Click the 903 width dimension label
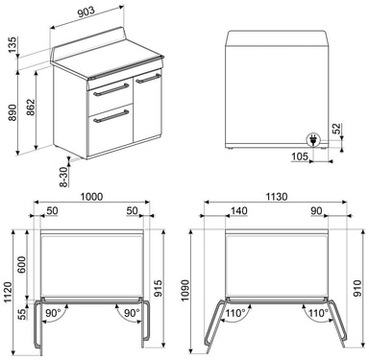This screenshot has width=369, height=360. pos(86,12)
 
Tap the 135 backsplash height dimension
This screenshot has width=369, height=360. pos(12,45)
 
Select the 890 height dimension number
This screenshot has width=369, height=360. pos(12,112)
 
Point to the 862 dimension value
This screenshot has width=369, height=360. pos(31,108)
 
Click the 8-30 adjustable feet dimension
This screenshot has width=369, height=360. pos(65,177)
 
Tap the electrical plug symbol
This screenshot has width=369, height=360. pos(313,140)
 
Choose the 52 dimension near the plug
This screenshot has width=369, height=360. pos(337,129)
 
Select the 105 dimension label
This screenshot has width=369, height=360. pos(300,156)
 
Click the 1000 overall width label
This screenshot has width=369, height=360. pos(91,197)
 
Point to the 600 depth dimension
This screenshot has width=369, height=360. pos(22,265)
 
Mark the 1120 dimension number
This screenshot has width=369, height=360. pos(8,292)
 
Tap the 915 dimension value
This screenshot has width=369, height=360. pos(159,288)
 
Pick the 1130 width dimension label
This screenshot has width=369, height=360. pos(276,197)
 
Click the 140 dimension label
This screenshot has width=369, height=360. pos(239,210)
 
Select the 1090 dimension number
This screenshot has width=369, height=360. pos(185,291)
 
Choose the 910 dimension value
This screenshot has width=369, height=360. pos(357,288)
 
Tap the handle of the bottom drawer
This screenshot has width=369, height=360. pos(111,116)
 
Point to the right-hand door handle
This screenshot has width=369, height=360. pos(148,79)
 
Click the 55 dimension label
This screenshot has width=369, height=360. pos(22,314)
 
